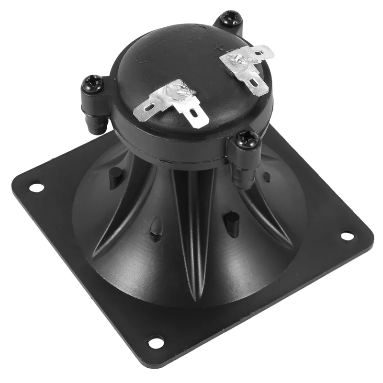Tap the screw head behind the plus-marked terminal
(x=227, y=19)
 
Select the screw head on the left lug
(x=92, y=85)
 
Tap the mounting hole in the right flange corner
(x=347, y=236)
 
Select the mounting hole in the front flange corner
(x=155, y=342)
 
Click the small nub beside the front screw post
(x=267, y=177)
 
